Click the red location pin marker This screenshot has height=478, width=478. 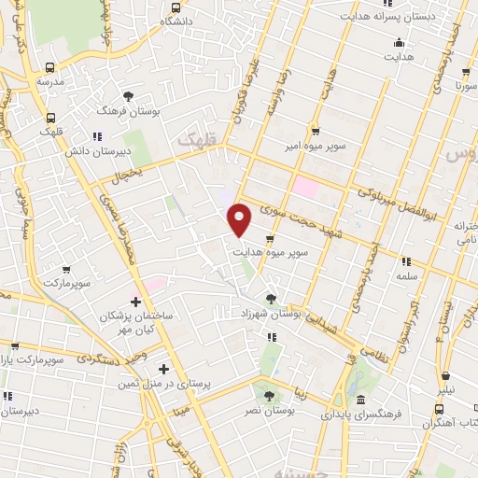(240, 219)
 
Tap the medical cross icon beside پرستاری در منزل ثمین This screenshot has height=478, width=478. (164, 369)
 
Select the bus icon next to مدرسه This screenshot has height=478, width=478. (49, 67)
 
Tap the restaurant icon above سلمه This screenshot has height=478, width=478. (406, 262)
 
